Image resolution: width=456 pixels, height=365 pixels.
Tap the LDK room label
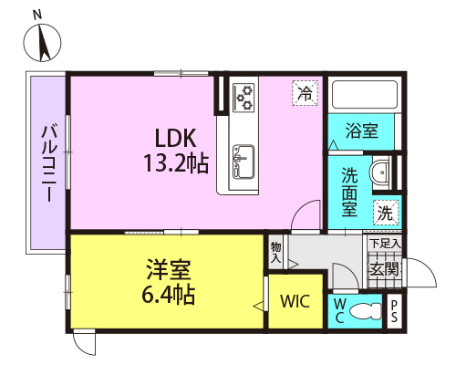click(175, 138)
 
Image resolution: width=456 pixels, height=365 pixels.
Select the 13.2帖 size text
click(176, 163)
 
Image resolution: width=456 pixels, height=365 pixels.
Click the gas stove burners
click(244, 98)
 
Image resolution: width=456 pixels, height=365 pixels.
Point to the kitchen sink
click(244, 162)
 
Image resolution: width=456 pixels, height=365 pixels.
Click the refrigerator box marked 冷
click(305, 93)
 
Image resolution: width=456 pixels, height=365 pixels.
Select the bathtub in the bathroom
click(365, 95)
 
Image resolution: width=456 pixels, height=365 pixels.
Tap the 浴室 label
click(362, 130)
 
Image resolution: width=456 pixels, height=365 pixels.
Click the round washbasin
click(380, 172)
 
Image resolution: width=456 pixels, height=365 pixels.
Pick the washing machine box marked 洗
click(386, 213)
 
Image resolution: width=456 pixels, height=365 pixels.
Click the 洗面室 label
click(349, 192)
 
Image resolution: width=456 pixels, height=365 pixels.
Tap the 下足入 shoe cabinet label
click(385, 244)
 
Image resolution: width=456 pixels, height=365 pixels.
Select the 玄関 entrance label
click(384, 269)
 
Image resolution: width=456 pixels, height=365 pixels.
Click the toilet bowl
click(365, 311)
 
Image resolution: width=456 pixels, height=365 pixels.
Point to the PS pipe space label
click(394, 311)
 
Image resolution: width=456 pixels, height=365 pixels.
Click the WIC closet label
click(295, 301)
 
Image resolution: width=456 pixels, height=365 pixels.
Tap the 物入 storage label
click(275, 253)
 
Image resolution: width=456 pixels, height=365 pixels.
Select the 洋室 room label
click(169, 269)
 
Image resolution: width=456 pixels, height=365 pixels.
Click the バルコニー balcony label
click(49, 163)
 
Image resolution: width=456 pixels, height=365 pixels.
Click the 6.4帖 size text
click(169, 295)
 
